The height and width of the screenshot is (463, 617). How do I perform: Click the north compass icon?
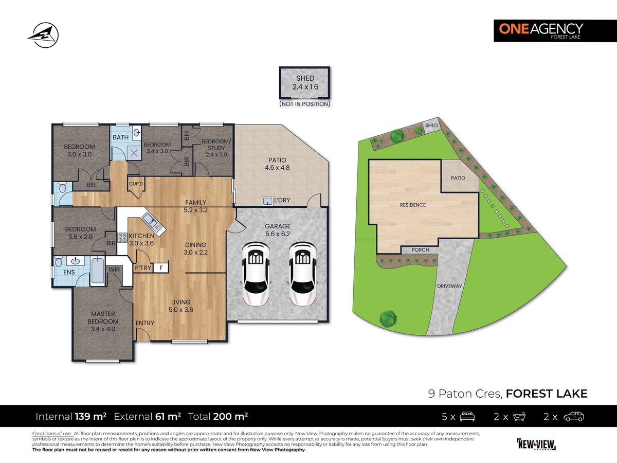pyautogui.click(x=43, y=35)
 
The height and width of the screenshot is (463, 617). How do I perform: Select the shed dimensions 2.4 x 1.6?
pyautogui.click(x=304, y=87)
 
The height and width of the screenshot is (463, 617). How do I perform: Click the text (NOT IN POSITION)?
pyautogui.click(x=304, y=104)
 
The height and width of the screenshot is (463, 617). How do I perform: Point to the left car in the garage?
pyautogui.click(x=256, y=274)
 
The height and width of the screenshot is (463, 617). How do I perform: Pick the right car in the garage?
pyautogui.click(x=302, y=274)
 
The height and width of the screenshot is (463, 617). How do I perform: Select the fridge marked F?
pyautogui.click(x=161, y=268)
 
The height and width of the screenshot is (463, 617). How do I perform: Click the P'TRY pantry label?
pyautogui.click(x=142, y=268)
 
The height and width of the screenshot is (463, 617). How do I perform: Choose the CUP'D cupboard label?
pyautogui.click(x=136, y=184)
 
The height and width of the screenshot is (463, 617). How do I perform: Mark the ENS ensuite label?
pyautogui.click(x=68, y=272)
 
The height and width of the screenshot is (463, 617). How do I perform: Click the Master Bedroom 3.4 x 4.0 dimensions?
pyautogui.click(x=103, y=322)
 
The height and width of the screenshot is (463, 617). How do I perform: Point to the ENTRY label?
pyautogui.click(x=144, y=323)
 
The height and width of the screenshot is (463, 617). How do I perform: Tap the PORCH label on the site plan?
pyautogui.click(x=421, y=250)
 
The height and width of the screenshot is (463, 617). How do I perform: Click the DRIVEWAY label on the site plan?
pyautogui.click(x=446, y=286)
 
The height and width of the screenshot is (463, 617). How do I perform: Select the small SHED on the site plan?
pyautogui.click(x=431, y=126)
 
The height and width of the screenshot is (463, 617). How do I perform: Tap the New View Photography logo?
pyautogui.click(x=536, y=443)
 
